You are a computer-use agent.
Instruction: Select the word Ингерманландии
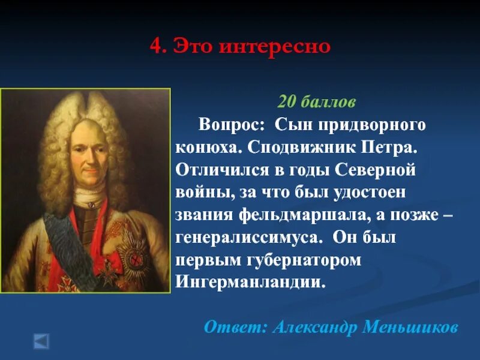tap(251, 281)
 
